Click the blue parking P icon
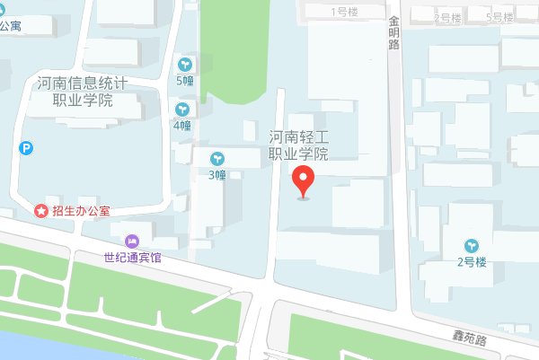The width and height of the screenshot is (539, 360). click(27, 148)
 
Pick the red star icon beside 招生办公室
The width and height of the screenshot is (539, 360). click(40, 211)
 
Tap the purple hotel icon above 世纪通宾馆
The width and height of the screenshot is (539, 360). click(133, 241)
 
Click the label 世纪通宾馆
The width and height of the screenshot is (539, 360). click(132, 258)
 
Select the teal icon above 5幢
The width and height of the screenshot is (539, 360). click(185, 65)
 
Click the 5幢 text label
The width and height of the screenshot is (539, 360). click(185, 80)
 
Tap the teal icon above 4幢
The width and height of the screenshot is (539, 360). click(182, 110)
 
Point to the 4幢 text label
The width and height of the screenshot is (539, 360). click(182, 125)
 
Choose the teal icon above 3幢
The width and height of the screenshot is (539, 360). click(217, 158)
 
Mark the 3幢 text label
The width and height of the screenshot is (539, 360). click(217, 174)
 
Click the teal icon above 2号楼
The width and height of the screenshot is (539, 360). click(472, 245)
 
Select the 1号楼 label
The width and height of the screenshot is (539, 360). click(344, 12)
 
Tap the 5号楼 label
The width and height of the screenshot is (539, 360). click(499, 17)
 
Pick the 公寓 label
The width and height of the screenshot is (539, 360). click(12, 26)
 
